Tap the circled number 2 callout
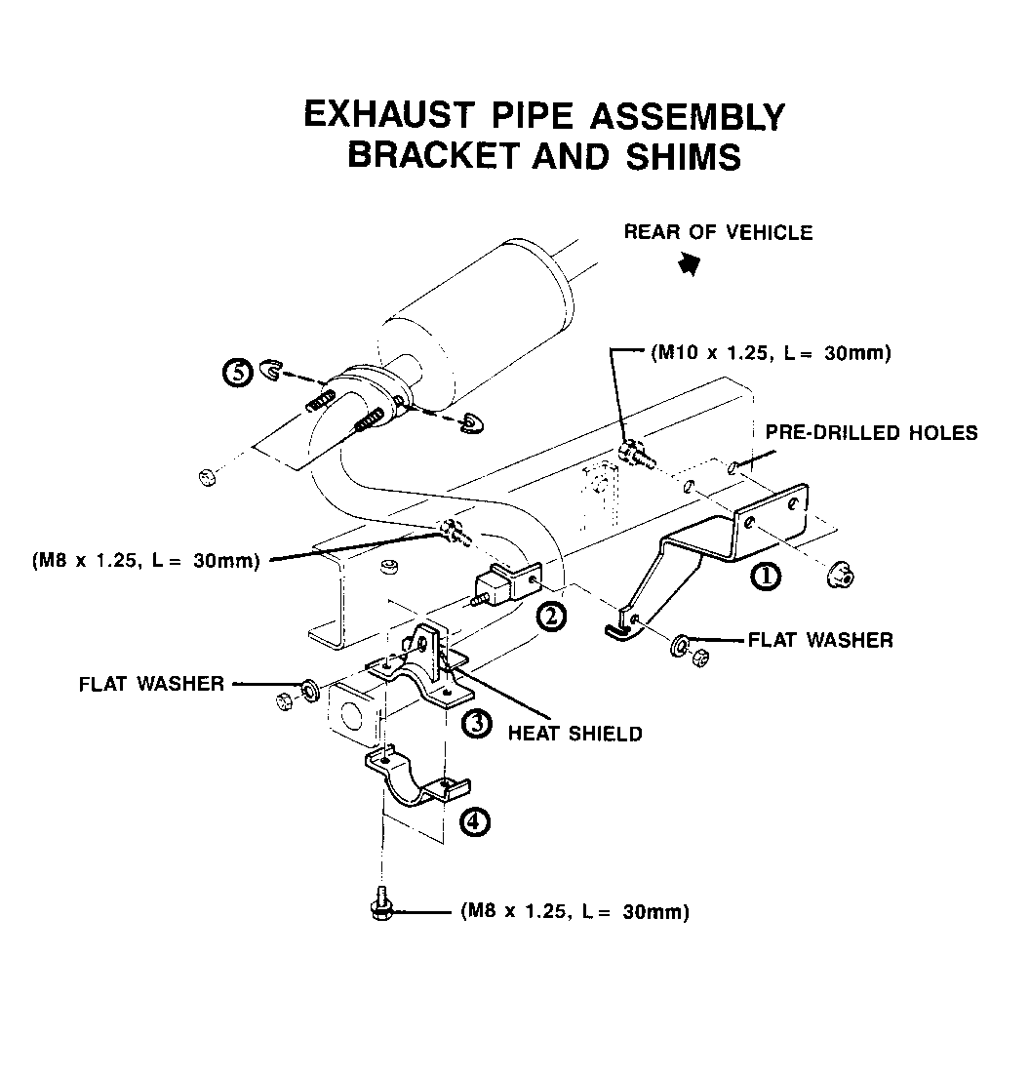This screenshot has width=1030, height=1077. click(x=551, y=616)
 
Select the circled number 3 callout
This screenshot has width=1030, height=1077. click(x=476, y=723)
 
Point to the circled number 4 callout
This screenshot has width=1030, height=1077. click(x=474, y=821)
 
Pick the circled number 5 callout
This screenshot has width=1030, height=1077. click(x=237, y=374)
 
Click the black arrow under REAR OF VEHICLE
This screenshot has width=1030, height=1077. click(x=691, y=262)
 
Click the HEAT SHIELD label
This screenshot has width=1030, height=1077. click(x=574, y=733)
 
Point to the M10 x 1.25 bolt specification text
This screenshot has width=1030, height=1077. click(x=771, y=353)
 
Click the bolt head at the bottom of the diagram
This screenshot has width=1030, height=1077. click(x=380, y=909)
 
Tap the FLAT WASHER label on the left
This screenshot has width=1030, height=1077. click(x=151, y=684)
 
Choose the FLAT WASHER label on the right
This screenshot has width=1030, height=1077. click(x=819, y=640)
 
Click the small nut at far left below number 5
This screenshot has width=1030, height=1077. click(x=206, y=477)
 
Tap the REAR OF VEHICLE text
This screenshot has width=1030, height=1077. click(x=718, y=232)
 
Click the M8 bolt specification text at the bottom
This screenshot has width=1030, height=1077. click(x=574, y=912)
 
